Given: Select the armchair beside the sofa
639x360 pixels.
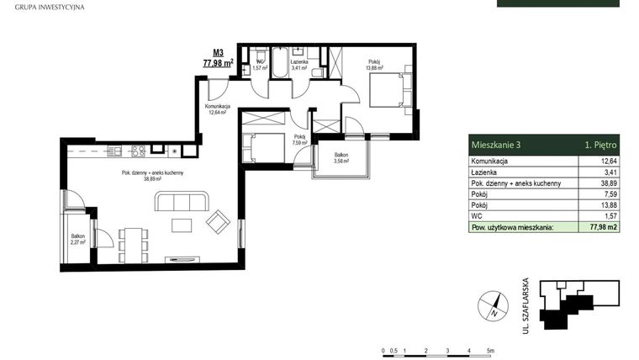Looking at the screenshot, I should tap(218, 221).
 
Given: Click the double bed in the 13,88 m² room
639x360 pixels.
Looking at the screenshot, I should tap(388, 89).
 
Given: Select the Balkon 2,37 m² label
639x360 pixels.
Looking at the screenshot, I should tap(78, 239).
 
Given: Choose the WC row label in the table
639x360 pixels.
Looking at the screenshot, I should tap(476, 215).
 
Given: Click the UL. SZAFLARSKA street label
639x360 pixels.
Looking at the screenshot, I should tap(525, 306).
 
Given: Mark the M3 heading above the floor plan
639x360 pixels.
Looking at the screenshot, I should tap(217, 52).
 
